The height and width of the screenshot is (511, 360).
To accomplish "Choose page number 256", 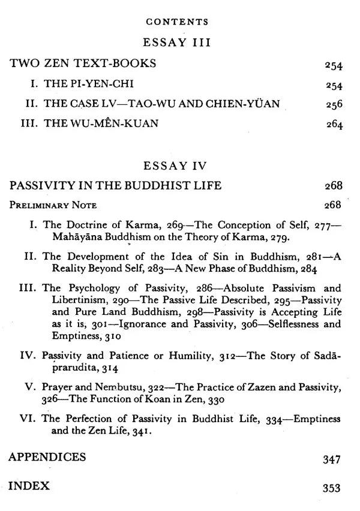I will point(334,105).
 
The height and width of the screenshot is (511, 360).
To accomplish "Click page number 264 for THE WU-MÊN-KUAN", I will point(334,126).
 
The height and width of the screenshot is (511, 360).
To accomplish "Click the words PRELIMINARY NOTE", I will point(52,205).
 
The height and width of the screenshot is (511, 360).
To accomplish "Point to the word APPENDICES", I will point(47,458).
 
